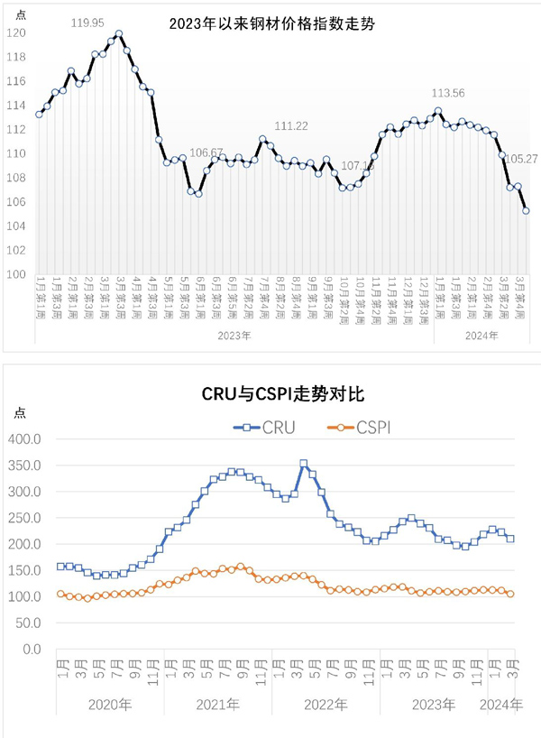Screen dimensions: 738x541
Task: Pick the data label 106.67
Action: [x=207, y=152]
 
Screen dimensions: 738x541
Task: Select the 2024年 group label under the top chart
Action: [x=478, y=336]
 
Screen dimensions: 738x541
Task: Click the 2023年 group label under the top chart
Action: [x=234, y=336]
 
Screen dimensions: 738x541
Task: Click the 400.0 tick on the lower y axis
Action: [x=24, y=438]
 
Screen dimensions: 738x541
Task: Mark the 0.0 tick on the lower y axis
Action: [x=32, y=649]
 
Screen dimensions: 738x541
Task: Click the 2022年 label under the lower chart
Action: [x=320, y=703]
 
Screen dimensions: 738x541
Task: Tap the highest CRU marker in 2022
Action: [x=303, y=464]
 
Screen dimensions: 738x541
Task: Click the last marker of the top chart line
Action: [x=526, y=211]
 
